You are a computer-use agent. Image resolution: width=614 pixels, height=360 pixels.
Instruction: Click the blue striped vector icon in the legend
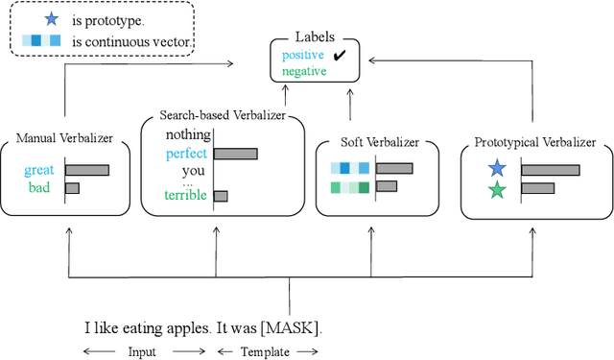(x=40, y=41)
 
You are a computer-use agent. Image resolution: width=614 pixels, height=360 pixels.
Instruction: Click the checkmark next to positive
(x=339, y=57)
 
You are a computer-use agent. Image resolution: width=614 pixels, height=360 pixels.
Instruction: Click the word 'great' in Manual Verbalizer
(x=39, y=171)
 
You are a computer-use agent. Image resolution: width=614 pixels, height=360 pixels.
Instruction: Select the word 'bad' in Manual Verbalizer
(x=39, y=187)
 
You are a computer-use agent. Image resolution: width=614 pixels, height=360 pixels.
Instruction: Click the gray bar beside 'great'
(x=86, y=171)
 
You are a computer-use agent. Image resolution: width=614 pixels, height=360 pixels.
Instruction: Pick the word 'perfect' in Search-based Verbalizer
(x=185, y=154)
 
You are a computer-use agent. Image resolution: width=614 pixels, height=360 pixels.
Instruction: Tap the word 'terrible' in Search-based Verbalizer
(x=185, y=196)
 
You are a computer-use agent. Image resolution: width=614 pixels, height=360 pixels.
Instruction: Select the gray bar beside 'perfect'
(x=235, y=154)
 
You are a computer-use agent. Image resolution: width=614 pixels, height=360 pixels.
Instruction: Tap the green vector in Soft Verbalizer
(x=349, y=186)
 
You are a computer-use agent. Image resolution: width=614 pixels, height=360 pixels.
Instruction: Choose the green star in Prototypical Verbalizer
(x=496, y=189)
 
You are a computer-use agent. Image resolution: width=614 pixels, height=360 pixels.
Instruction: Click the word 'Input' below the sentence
(x=142, y=351)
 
